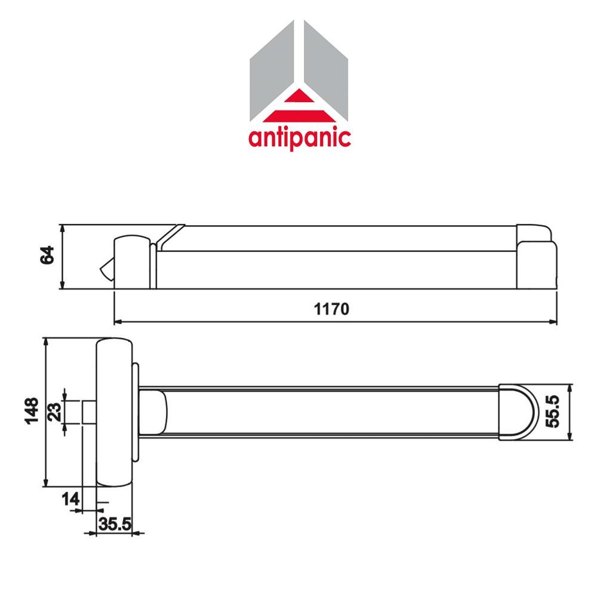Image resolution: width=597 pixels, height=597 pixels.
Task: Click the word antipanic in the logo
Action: pos(299,137)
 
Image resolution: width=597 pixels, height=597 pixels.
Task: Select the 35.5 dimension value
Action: pos(115,525)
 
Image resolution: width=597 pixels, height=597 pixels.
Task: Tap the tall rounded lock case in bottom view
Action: pos(115,413)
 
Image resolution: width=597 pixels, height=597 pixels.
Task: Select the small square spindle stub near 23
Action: pos(88,413)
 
